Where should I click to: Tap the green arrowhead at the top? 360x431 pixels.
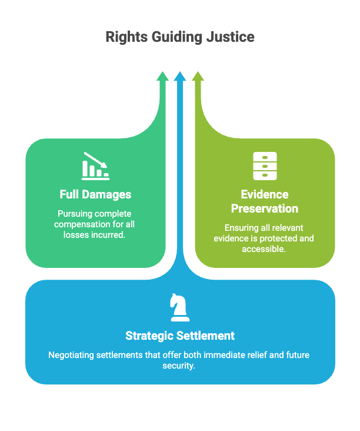[x=162, y=77]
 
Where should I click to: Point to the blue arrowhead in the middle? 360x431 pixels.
[x=180, y=77]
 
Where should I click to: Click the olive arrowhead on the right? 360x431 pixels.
[x=198, y=77]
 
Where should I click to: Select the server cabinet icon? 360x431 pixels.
[x=265, y=165]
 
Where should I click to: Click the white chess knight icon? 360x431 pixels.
[x=180, y=308]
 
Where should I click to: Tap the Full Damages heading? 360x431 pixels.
[x=95, y=194]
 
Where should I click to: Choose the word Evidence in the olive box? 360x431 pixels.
[x=265, y=195]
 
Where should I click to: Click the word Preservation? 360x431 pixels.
[x=265, y=208]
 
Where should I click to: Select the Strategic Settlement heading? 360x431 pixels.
[x=180, y=336]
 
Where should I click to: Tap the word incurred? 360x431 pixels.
[x=108, y=234]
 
